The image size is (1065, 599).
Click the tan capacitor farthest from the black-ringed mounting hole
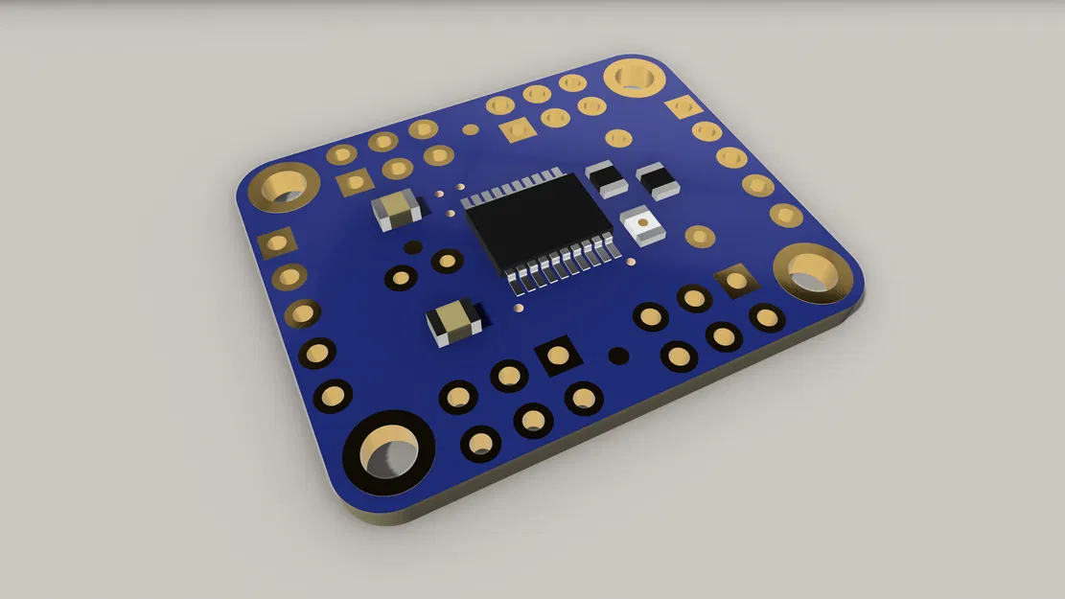396,209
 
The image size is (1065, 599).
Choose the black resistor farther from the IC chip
657,178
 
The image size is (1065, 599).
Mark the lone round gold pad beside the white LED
700,236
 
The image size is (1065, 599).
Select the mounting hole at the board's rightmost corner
812,271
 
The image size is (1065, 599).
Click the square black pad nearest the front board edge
557,356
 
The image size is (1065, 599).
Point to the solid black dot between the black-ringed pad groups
619,357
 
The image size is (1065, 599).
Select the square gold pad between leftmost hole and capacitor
354,181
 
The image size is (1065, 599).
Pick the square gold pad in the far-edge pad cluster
518,129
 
